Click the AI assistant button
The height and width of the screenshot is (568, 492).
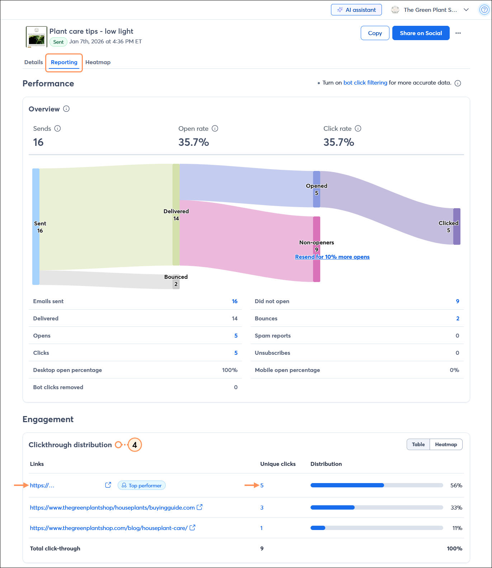tap(356, 10)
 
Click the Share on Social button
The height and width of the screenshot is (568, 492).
tap(421, 33)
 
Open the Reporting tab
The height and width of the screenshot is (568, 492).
tap(64, 62)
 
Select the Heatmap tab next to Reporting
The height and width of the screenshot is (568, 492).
tap(98, 62)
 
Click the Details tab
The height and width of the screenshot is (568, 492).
tap(33, 62)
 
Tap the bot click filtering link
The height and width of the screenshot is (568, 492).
tap(365, 83)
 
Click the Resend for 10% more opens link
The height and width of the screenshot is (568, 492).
tap(332, 257)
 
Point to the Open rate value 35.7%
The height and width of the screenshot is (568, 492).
tap(194, 142)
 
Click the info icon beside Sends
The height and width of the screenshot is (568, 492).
tap(58, 129)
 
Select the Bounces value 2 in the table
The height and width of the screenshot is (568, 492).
tap(458, 319)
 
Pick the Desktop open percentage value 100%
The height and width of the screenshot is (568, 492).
tap(230, 370)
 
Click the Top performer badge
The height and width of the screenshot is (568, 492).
tap(142, 486)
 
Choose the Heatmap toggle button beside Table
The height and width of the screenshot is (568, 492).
tap(446, 444)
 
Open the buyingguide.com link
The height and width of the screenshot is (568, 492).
tap(112, 508)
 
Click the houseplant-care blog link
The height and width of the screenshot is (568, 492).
tap(109, 528)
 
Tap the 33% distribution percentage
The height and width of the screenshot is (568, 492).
tap(456, 508)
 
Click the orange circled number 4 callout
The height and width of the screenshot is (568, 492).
tap(135, 445)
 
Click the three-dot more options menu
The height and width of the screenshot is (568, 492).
tap(458, 33)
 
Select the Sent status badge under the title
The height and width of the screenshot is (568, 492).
tap(58, 42)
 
